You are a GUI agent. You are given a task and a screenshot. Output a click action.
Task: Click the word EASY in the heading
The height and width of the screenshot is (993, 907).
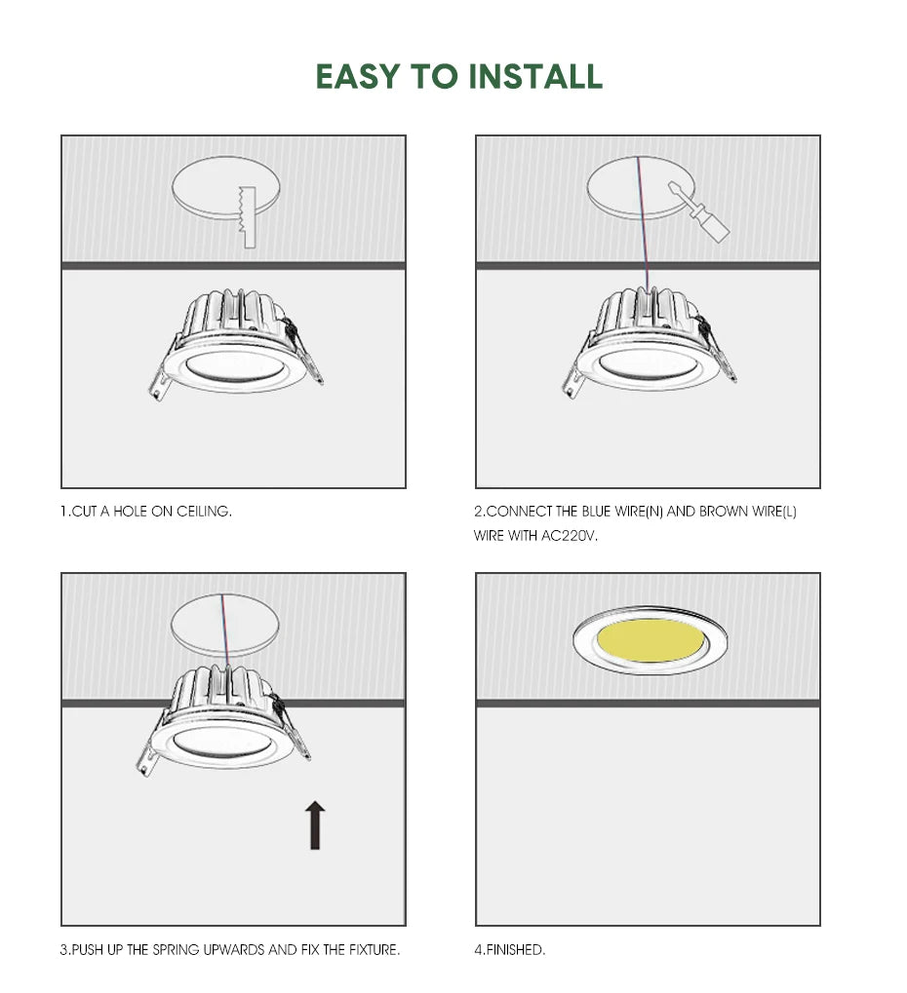pyautogui.click(x=353, y=76)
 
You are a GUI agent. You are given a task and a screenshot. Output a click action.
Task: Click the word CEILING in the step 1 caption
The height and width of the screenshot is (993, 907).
pyautogui.click(x=204, y=512)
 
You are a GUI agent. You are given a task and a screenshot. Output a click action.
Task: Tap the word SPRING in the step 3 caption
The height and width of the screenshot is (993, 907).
pyautogui.click(x=177, y=949)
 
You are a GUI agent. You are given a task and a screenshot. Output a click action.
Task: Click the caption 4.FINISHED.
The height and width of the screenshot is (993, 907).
pyautogui.click(x=510, y=949)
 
